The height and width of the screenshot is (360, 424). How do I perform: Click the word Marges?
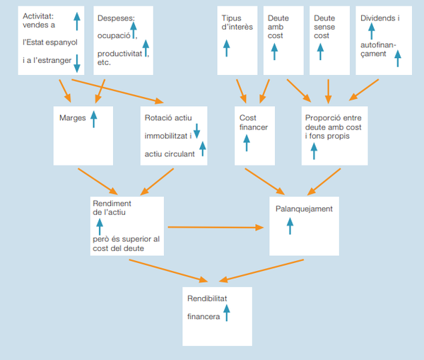point(73,118)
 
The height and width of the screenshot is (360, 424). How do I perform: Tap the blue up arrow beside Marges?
point(93,117)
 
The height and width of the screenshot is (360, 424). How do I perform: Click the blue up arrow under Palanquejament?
point(288,226)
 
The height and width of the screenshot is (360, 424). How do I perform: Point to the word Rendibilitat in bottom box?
point(208,299)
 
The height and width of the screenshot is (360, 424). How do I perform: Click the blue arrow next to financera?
point(227,313)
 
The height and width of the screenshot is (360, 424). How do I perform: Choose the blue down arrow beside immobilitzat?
point(197,130)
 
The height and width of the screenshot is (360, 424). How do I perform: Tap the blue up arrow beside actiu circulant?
point(202,149)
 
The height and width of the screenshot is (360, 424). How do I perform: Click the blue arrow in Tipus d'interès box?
point(227,48)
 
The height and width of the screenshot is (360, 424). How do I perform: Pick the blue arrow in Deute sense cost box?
point(320,52)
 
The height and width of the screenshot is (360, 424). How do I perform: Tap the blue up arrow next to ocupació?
point(134,30)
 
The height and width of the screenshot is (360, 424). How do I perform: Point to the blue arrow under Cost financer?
point(247,141)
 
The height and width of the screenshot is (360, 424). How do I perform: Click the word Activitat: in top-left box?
point(39,16)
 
